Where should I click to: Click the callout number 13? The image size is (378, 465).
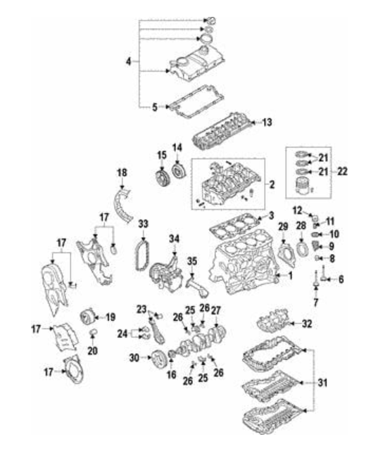[267, 122]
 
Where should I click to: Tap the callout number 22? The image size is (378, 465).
[342, 172]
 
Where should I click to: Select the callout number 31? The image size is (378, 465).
[322, 383]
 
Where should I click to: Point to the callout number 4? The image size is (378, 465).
[128, 62]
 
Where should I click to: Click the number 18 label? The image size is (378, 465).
[122, 172]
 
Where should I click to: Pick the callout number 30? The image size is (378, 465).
[134, 358]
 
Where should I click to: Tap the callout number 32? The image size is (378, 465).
[307, 324]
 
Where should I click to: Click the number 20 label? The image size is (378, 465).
[93, 351]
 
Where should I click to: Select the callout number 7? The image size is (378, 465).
[315, 302]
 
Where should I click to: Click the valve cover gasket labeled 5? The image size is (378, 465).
[196, 102]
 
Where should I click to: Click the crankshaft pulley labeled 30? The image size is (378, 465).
[159, 359]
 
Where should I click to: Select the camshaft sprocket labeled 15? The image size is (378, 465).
[162, 177]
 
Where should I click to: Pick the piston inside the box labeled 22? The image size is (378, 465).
[302, 185]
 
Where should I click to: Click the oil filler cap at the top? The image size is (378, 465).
[210, 21]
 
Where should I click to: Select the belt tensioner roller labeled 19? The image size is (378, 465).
[88, 317]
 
